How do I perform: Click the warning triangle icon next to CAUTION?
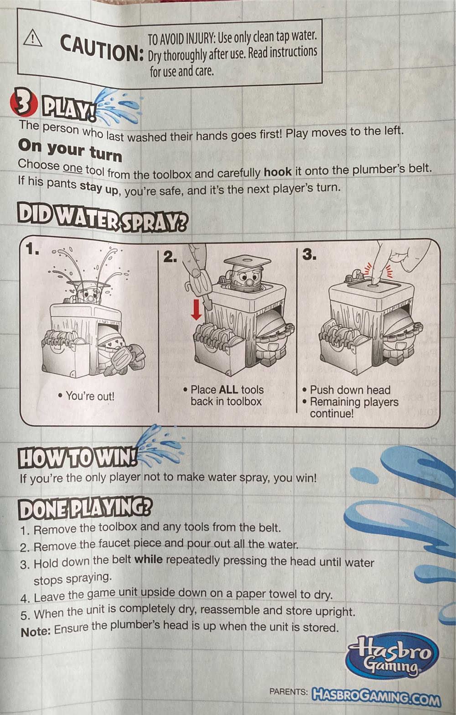[33, 38]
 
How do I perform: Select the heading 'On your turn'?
[70, 150]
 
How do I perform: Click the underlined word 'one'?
[73, 168]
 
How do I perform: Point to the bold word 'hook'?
[278, 172]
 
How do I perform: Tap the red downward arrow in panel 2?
[197, 310]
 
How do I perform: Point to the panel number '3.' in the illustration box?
[309, 254]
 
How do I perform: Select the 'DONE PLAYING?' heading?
[85, 508]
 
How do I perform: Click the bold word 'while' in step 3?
[148, 560]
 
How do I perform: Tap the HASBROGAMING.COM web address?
[376, 696]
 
